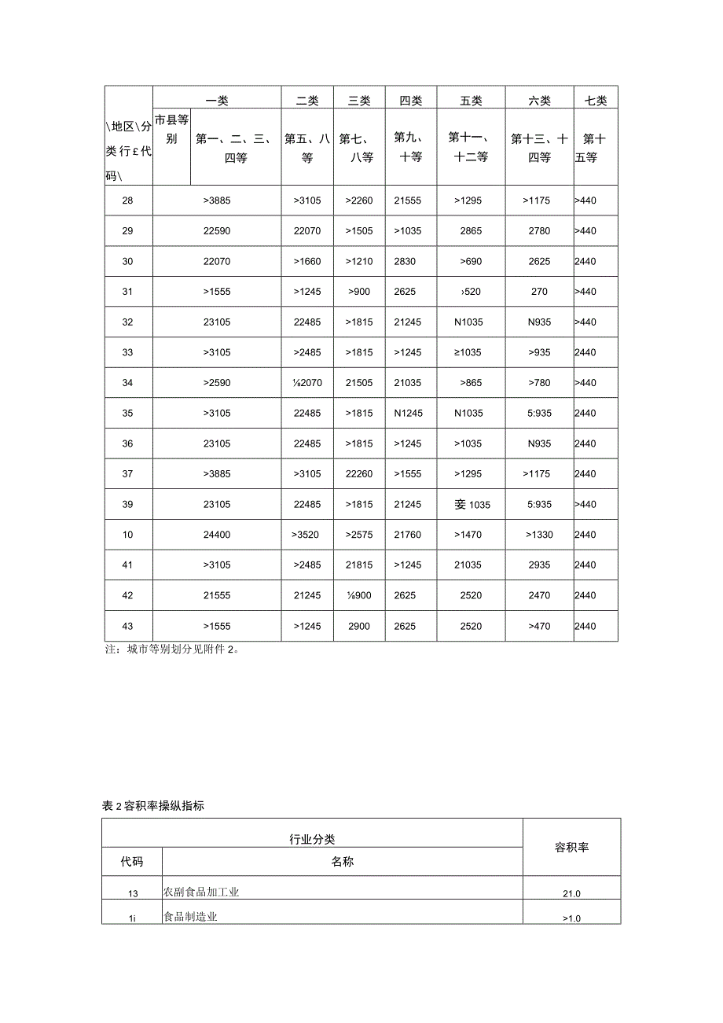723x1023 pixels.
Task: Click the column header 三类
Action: (x=358, y=101)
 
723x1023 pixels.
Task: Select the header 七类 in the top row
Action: (x=596, y=101)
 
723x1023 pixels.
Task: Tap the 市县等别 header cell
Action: (x=171, y=130)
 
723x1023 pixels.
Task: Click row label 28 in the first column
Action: (x=128, y=201)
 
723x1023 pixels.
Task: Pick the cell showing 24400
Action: (x=217, y=535)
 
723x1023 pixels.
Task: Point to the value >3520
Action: (x=307, y=535)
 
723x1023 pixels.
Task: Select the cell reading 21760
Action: (x=408, y=535)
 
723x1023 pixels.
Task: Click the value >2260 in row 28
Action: (x=359, y=201)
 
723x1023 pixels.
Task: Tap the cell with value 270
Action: (x=539, y=292)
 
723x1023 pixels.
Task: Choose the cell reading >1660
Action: (x=307, y=261)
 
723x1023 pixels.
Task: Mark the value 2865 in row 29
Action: (x=472, y=231)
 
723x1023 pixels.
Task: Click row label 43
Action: (x=128, y=626)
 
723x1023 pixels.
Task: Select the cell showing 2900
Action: (x=359, y=626)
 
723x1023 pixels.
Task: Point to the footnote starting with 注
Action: (x=171, y=651)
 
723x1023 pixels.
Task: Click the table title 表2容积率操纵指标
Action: (x=153, y=806)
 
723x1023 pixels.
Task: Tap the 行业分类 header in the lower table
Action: (x=312, y=840)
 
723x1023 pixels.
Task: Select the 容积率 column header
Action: (x=571, y=848)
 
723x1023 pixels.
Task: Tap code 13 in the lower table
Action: (x=132, y=893)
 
